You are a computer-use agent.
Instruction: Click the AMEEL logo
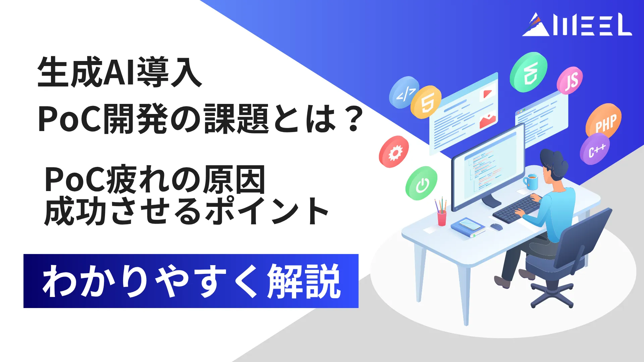pos(577,24)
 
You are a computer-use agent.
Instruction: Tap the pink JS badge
pos(570,80)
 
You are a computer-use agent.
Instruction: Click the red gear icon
pos(394,152)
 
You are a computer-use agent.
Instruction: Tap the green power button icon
pos(421,183)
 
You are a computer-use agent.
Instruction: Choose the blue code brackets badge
pos(404,93)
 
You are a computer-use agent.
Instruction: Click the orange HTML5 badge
pos(426,102)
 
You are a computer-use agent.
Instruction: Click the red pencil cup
pos(442,217)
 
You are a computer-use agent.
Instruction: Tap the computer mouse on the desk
pos(497,227)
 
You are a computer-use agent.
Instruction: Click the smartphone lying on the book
pos(469,224)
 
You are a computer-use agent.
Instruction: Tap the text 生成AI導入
pos(119,72)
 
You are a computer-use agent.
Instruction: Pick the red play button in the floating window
pos(487,94)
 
